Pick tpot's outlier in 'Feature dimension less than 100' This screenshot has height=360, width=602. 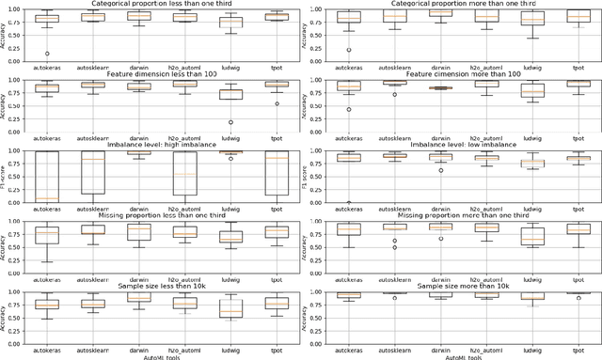pos(277,103)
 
